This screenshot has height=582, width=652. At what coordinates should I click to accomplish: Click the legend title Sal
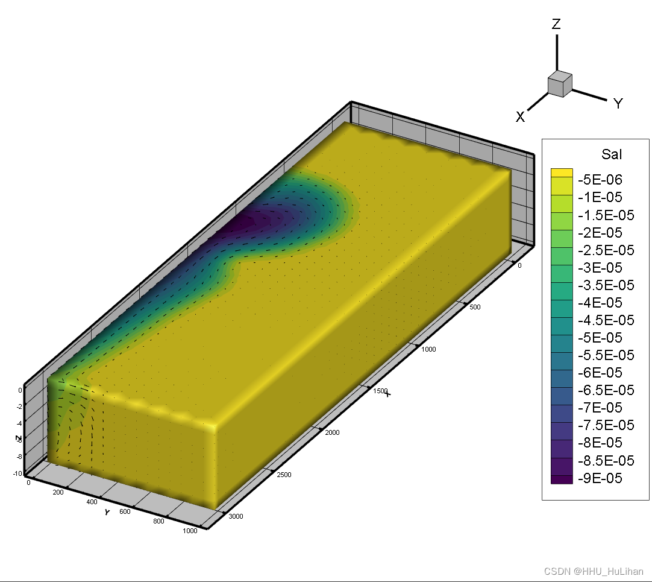611,154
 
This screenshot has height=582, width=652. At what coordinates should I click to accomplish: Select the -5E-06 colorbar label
600,180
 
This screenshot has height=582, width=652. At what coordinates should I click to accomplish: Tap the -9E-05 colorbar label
600,478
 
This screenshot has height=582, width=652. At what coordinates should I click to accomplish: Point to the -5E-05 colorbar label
600,338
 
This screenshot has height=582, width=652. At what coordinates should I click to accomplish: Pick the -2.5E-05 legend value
606,250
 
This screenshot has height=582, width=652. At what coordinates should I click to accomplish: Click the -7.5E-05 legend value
606,425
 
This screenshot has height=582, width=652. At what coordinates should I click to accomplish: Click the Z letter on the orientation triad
556,24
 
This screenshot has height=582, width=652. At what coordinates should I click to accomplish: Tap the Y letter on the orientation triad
618,103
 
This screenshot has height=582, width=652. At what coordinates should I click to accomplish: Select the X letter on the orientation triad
520,117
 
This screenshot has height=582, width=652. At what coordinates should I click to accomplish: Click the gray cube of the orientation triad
560,84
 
